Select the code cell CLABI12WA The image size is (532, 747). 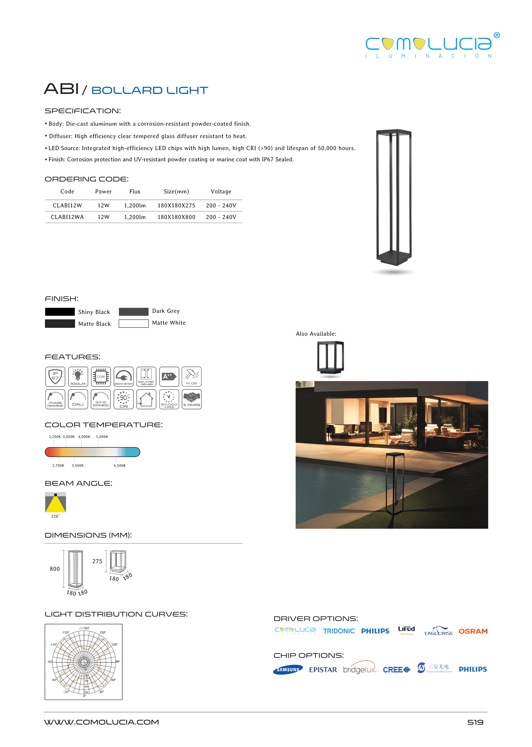67,217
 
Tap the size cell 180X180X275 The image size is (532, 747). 176,206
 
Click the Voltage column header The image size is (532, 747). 221,192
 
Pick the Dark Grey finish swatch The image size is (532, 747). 133,312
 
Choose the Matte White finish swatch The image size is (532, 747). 133,323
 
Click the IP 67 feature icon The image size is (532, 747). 55,376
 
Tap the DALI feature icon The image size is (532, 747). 78,399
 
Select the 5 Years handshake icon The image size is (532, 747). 192,399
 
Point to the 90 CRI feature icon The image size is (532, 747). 124,399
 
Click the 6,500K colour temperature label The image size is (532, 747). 119,466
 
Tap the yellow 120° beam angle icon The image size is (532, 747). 55,502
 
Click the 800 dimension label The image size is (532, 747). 55,569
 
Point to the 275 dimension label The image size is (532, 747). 97,561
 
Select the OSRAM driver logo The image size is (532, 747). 473,631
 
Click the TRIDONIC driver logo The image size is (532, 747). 339,631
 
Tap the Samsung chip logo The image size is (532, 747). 288,670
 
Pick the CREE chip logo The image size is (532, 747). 396,670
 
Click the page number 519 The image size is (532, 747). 475,722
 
